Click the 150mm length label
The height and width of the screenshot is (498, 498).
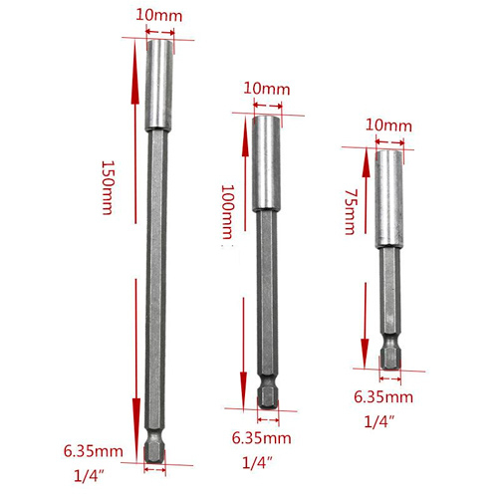[108, 188]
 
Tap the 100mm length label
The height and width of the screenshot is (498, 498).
[228, 212]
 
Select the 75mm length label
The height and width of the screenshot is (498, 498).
[350, 212]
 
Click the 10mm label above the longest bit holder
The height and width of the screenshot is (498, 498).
[159, 16]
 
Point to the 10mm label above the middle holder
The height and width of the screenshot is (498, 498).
[267, 89]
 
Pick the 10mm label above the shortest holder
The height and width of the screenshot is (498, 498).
[388, 125]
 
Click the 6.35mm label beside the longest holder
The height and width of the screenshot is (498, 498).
[94, 451]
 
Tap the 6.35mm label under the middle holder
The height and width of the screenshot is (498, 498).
[261, 438]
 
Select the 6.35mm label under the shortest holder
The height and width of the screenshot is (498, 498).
[383, 397]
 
